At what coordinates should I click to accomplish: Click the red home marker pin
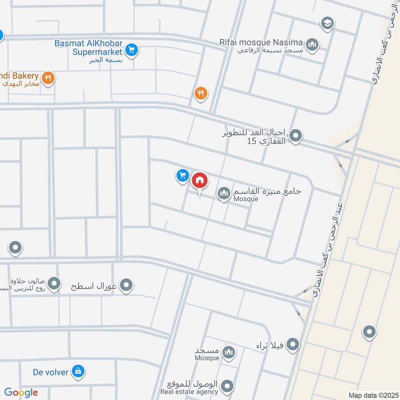[x=199, y=180]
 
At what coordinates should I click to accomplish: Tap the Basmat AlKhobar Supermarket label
[x=88, y=47]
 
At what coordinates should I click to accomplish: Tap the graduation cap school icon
[x=327, y=22]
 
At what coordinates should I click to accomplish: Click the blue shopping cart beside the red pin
[x=182, y=175]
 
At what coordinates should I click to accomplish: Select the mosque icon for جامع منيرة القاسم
[x=223, y=192]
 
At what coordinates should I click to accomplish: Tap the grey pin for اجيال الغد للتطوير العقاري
[x=296, y=135]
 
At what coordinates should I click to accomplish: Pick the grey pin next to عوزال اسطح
[x=127, y=285]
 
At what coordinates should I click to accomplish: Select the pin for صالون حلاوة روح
[x=54, y=284]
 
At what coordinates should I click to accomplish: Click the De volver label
[x=49, y=371]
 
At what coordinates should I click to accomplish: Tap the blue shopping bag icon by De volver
[x=77, y=371]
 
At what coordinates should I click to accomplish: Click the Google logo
[x=21, y=392]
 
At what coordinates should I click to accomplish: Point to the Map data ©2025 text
[x=372, y=395]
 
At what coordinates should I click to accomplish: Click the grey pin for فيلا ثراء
[x=293, y=344]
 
